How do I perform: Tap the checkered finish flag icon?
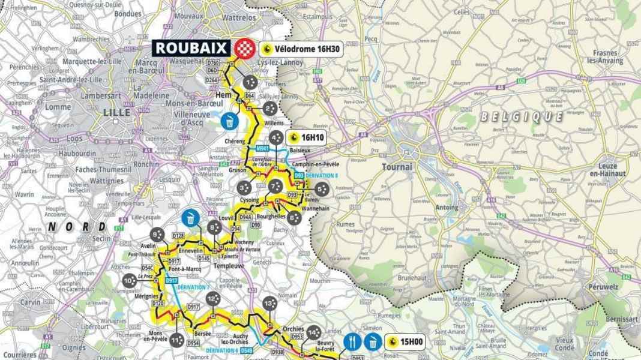tap(243, 48)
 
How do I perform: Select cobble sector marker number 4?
tap(277, 138)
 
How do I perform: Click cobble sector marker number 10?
tap(128, 280)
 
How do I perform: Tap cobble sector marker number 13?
tap(268, 304)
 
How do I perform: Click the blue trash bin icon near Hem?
tap(230, 121)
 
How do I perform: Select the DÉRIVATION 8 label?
tap(321, 175)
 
